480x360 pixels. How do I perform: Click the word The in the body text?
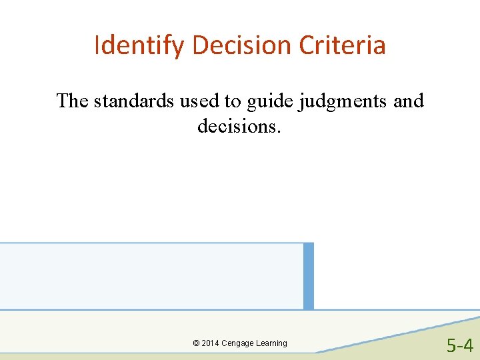coord(72,101)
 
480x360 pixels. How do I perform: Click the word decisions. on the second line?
coord(239,125)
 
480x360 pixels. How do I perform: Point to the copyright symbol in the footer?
coord(196,343)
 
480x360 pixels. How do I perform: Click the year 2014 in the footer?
coord(211,343)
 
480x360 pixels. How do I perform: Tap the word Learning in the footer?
coord(271,343)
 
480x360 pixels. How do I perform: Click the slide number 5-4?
coord(460,345)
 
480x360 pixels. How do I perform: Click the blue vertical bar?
coord(308,276)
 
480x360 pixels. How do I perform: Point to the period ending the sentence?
coord(279,130)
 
